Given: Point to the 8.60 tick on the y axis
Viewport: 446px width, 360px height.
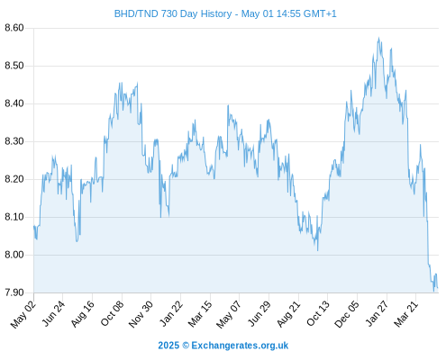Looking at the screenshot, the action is (x=14, y=28).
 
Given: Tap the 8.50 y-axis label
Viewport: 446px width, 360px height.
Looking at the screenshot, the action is (x=14, y=66).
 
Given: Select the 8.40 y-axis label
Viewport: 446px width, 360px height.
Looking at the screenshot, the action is (x=14, y=103).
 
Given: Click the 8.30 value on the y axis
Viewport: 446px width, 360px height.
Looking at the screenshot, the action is (x=14, y=141).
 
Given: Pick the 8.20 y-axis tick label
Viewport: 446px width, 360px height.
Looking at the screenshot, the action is (x=14, y=179).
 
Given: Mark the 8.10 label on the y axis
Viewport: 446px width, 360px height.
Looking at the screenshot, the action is (x=14, y=217).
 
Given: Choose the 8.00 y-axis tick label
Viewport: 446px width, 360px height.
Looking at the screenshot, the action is (x=14, y=255).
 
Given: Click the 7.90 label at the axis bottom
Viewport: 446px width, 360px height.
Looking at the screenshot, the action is (x=14, y=292).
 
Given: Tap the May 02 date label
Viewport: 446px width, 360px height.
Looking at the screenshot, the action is (x=23, y=314).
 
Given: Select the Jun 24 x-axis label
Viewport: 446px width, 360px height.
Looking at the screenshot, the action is (x=53, y=314).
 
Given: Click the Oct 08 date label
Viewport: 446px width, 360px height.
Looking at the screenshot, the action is (x=112, y=314).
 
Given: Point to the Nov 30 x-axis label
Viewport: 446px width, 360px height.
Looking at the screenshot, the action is (x=141, y=314).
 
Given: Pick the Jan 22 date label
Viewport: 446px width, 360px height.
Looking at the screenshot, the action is (x=170, y=314).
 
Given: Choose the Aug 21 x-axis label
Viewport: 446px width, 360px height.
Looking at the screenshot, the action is (x=288, y=314).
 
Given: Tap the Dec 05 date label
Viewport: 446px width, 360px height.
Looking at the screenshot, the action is (x=347, y=314).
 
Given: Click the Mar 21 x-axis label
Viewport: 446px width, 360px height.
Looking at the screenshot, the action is (x=406, y=314).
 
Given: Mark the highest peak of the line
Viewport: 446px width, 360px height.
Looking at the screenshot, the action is (x=378, y=38).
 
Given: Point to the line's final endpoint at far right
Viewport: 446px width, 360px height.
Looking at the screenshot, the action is (x=438, y=288).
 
